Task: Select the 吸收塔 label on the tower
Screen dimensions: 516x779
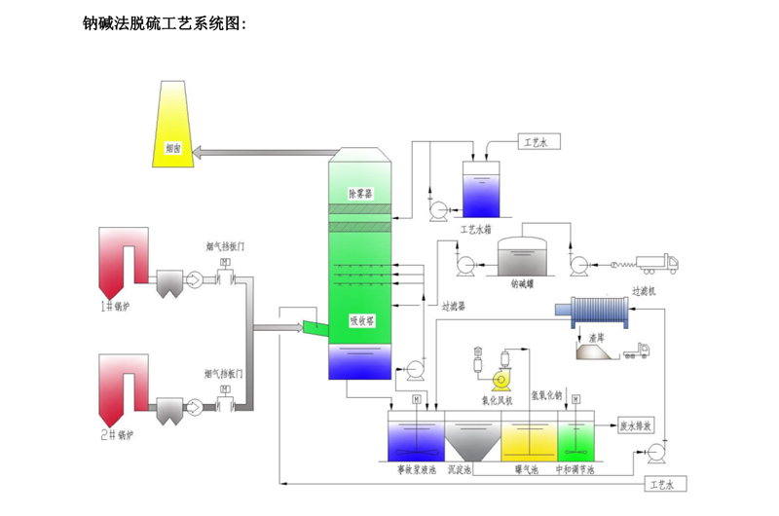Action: pos(362,318)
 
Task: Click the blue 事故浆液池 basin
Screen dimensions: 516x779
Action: pos(416,438)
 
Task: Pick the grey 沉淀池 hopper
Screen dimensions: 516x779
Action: pos(472,440)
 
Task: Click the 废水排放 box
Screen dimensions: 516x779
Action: pos(636,425)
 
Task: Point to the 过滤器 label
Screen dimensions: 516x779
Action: pos(454,305)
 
